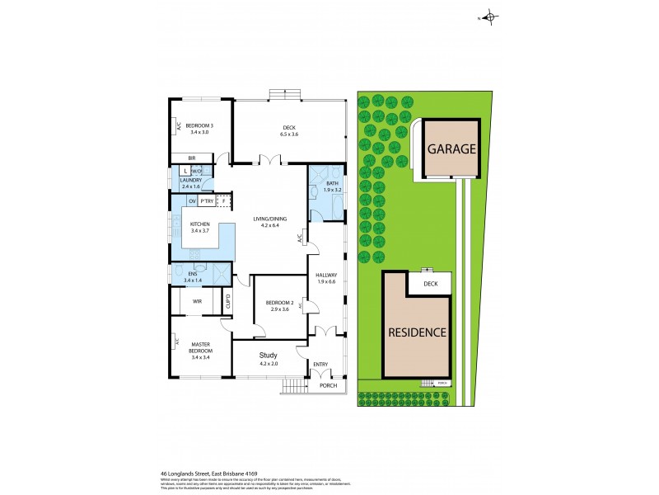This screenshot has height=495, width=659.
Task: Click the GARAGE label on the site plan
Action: [x=451, y=149]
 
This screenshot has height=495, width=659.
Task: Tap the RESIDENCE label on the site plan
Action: [x=418, y=333]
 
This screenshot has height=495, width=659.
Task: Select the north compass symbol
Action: [x=488, y=16]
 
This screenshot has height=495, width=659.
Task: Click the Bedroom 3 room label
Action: [x=199, y=126]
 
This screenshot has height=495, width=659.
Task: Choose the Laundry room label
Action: [x=191, y=182]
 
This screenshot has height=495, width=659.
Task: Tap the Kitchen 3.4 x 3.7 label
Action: [x=201, y=228]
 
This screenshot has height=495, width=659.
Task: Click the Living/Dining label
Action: [x=270, y=220]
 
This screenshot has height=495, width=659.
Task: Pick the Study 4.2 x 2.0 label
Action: [x=270, y=358]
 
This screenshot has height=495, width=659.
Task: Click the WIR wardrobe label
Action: [x=197, y=302]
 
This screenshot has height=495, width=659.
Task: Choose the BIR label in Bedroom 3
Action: [x=191, y=158]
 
